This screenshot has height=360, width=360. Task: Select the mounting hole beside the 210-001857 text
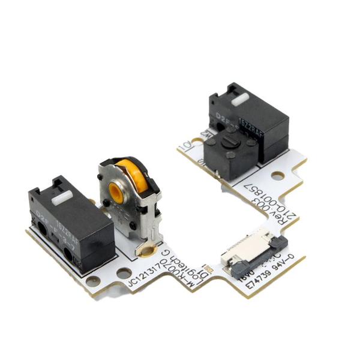pos(277,176)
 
